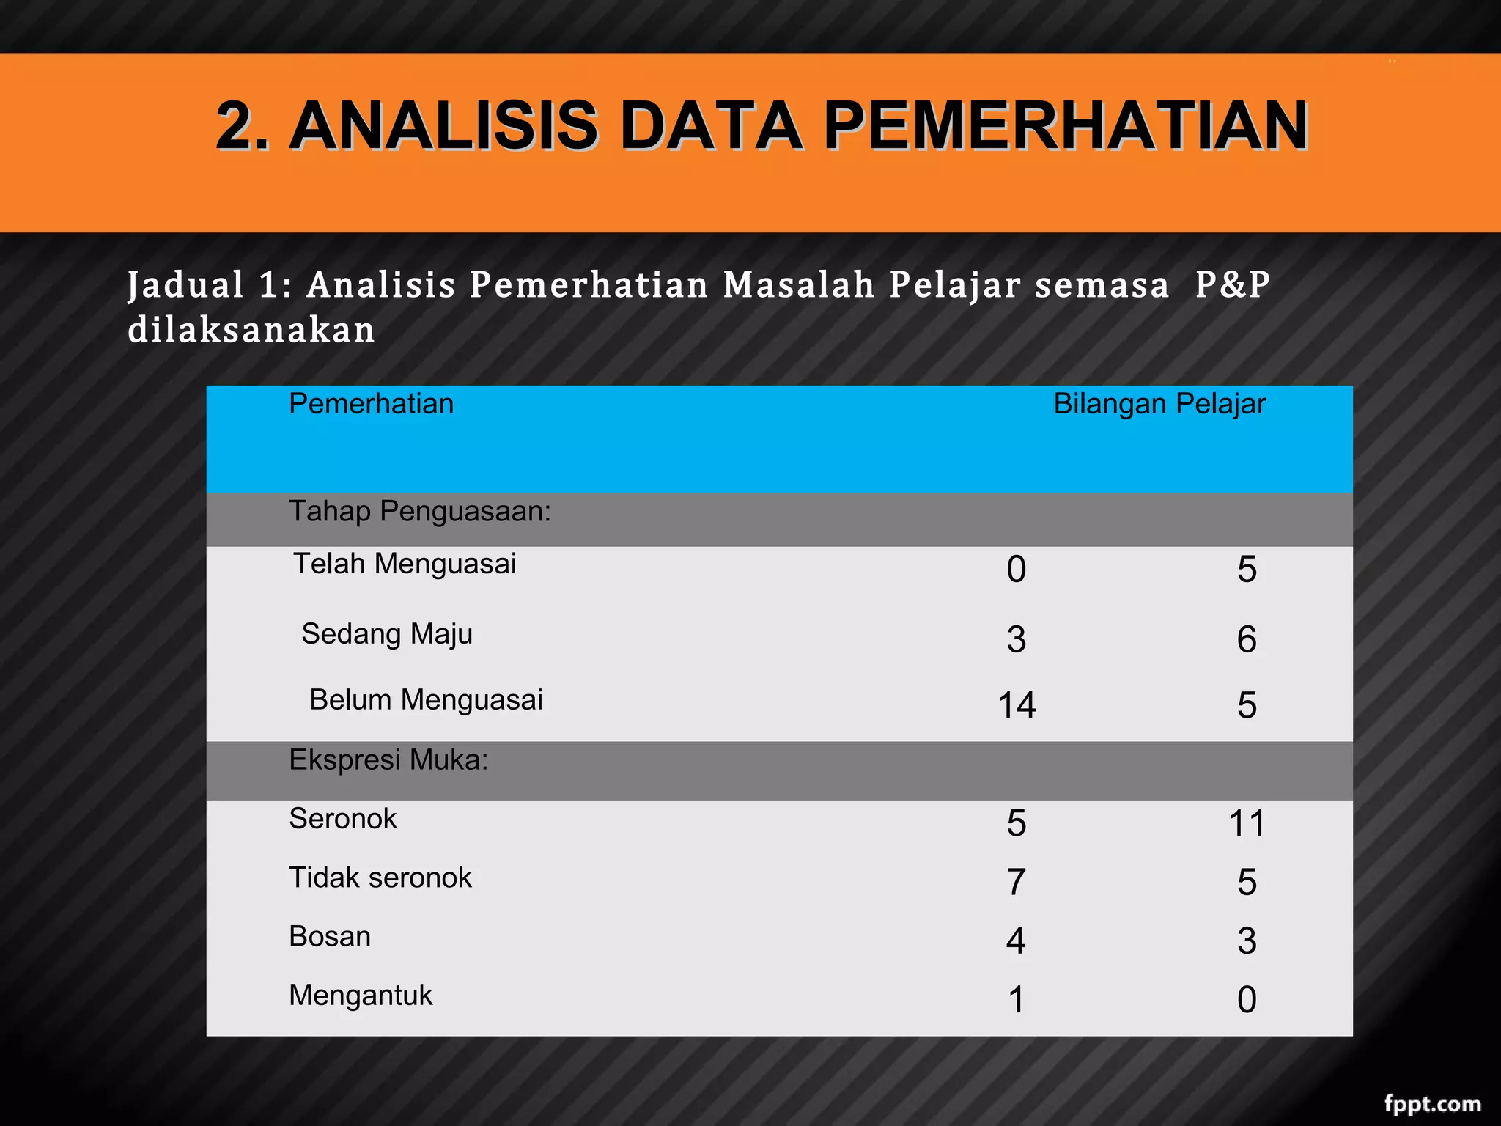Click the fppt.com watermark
click(1432, 1103)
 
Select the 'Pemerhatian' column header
click(371, 404)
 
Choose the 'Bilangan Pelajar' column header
click(1159, 404)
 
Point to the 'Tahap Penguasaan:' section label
click(419, 511)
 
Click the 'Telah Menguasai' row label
click(405, 564)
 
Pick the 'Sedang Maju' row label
click(387, 634)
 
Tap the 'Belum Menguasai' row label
click(426, 700)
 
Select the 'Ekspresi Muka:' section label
click(388, 760)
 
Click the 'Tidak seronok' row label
click(380, 877)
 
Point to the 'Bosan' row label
click(330, 937)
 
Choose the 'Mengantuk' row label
click(361, 996)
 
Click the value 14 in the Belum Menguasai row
click(1017, 705)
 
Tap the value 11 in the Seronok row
click(1247, 823)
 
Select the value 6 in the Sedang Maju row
click(1247, 639)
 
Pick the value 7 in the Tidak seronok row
click(1016, 882)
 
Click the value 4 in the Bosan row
click(1016, 941)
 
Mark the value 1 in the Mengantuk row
click(1016, 1000)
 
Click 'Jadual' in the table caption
click(185, 285)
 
